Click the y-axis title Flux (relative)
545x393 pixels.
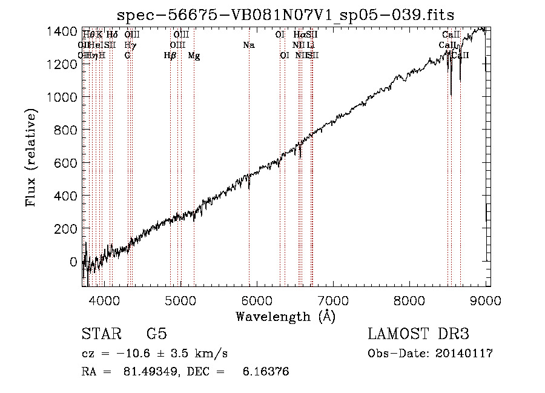point(31,157)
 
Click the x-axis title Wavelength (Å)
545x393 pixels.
point(285,316)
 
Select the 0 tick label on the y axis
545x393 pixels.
point(74,262)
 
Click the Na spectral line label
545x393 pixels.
point(249,45)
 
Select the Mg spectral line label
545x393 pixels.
point(194,56)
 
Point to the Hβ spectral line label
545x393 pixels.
point(170,56)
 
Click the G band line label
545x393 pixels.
point(128,56)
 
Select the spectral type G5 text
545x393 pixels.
point(157,334)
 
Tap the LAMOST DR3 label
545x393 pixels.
point(418,334)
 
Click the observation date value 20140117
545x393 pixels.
point(464,354)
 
